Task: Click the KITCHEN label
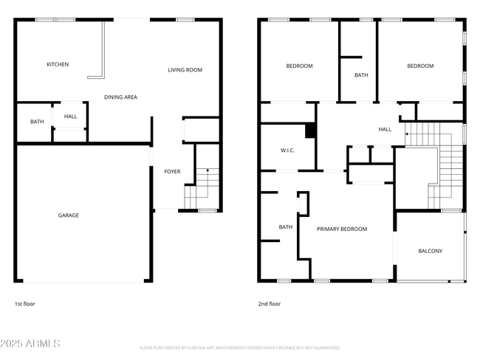point(58,65)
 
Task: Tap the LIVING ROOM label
point(185,70)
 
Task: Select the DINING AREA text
point(120,97)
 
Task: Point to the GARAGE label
point(69,215)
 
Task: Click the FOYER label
point(172,172)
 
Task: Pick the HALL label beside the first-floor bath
point(70,117)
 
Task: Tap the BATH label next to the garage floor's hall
point(36,122)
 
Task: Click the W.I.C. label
point(288,150)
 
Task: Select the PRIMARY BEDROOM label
point(342,229)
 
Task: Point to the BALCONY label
point(431,252)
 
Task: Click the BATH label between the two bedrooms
point(361,75)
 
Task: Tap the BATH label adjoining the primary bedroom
point(286,227)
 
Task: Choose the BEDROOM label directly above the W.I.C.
point(299,66)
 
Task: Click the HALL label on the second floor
point(385,130)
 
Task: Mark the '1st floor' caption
point(24,304)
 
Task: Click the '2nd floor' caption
point(270,304)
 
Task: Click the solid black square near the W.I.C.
point(311,131)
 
